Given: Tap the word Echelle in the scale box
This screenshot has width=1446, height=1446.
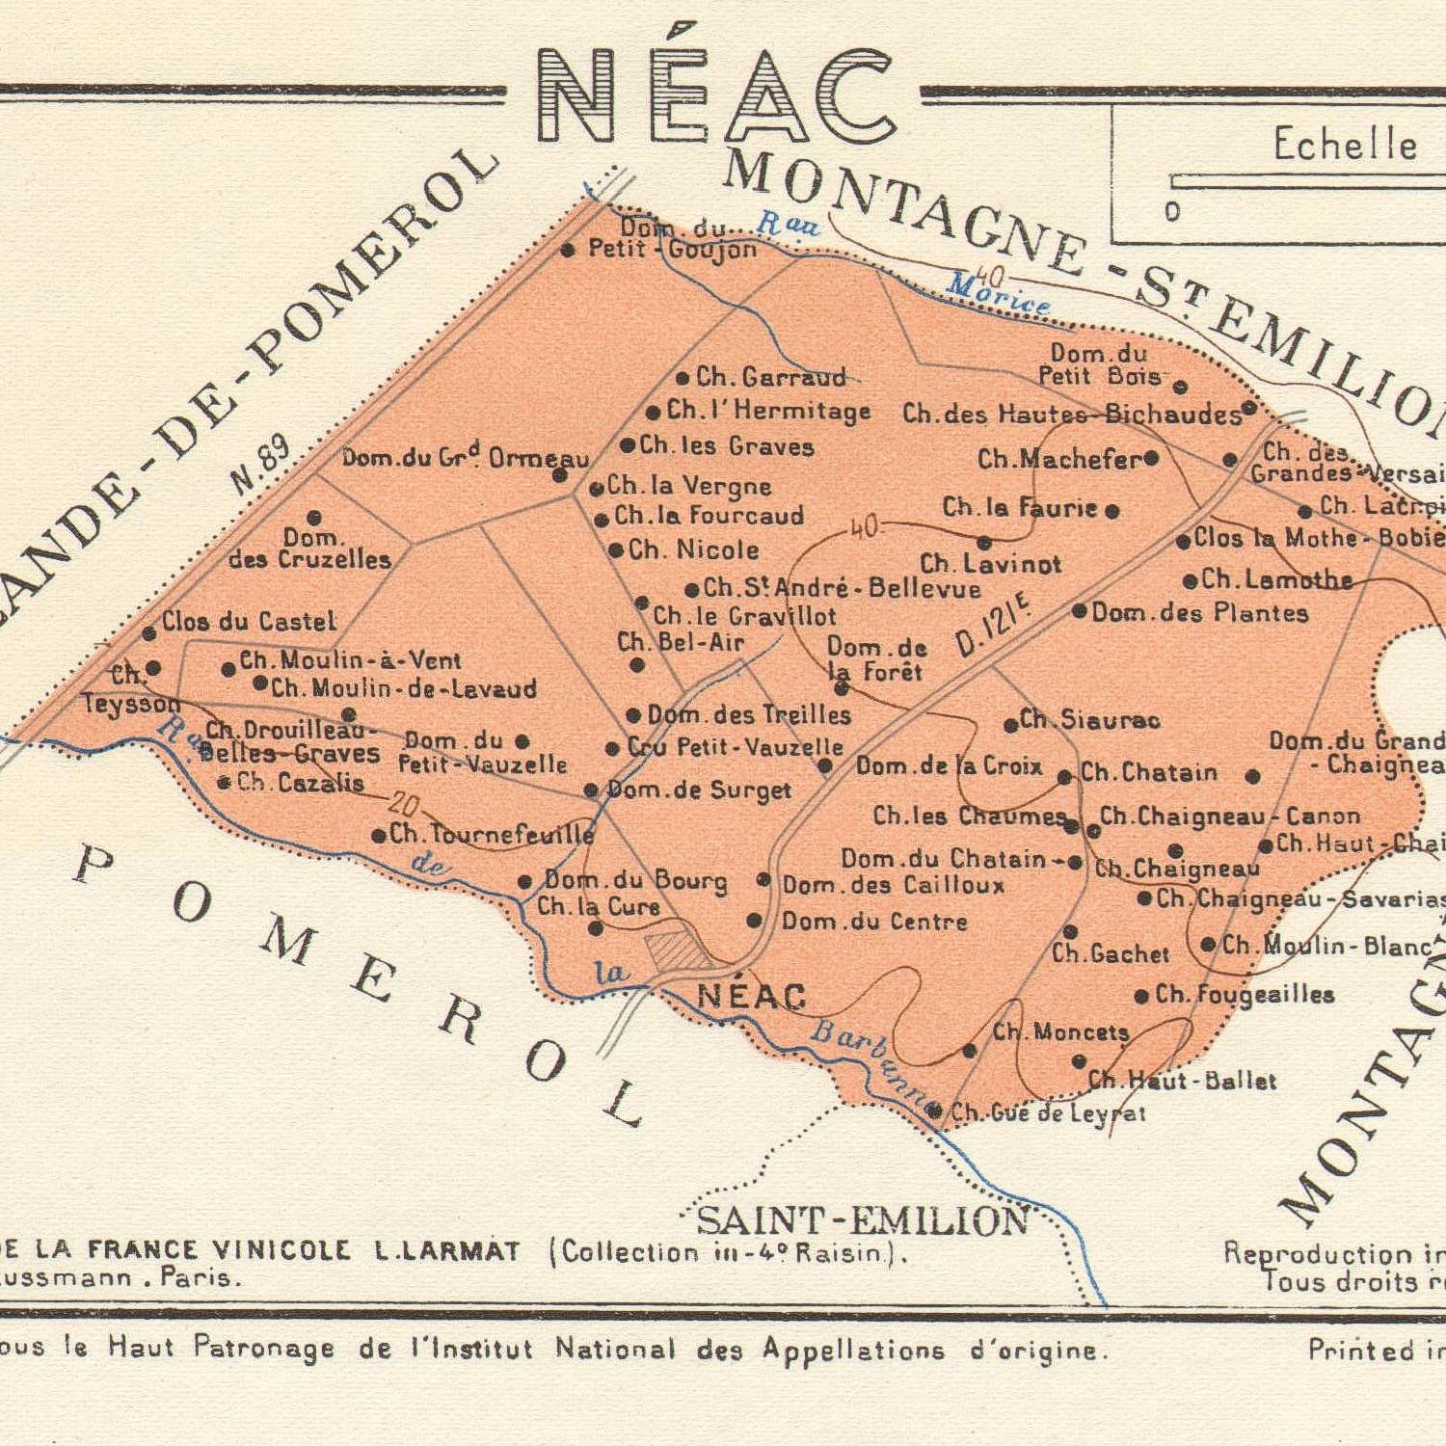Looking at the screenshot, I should tap(1345, 145).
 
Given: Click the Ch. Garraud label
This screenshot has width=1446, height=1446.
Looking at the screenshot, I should tap(770, 376).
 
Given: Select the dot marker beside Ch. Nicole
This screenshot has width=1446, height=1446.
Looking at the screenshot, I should tap(616, 550).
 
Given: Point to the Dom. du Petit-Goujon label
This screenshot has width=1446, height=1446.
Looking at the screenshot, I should tap(673, 240).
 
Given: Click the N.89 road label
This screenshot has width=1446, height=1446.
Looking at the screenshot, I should tap(260, 466).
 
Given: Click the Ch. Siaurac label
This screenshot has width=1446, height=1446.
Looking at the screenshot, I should tap(1089, 720).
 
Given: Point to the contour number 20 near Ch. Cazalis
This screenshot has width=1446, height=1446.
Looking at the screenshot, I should tap(404, 803).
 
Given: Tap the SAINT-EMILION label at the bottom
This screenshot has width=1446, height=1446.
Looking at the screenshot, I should tap(862, 1221).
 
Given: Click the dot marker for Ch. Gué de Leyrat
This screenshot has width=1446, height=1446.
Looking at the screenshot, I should tap(934, 1111).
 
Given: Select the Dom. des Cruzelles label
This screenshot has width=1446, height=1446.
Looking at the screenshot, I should tap(310, 549).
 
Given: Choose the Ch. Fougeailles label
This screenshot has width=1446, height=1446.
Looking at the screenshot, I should tap(1244, 994).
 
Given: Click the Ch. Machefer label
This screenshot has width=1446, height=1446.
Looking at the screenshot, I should tap(1059, 459).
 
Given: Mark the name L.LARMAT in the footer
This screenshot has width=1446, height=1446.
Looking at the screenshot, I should tap(447, 1251).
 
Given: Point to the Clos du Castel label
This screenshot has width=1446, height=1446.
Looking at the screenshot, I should tap(249, 622).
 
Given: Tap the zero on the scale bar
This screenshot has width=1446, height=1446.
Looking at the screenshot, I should tap(1172, 212).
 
